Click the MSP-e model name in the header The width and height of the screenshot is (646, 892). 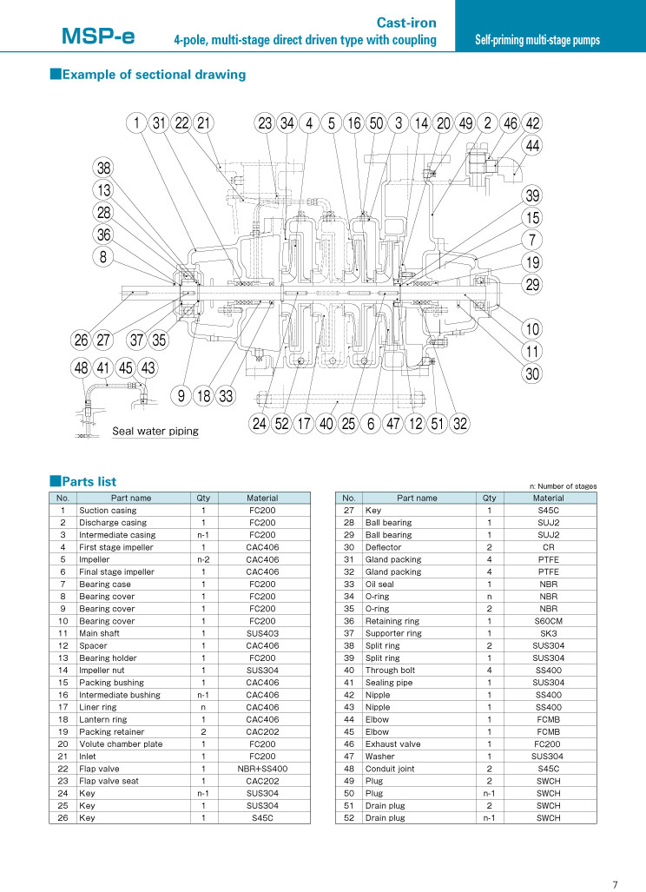tap(98, 36)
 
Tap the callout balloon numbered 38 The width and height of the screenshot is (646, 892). tap(103, 168)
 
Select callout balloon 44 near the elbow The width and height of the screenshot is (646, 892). tap(532, 146)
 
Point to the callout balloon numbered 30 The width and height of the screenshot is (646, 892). tap(532, 373)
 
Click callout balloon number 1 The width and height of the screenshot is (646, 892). tap(136, 122)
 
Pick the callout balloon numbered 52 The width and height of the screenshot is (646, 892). tap(282, 423)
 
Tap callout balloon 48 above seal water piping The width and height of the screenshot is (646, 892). tap(82, 368)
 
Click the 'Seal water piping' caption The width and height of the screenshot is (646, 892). tap(155, 431)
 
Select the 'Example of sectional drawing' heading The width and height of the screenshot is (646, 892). tap(148, 75)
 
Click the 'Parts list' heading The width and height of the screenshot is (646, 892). tap(83, 481)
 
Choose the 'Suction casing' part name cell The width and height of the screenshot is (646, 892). tap(108, 511)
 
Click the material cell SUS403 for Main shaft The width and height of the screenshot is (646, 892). tap(263, 633)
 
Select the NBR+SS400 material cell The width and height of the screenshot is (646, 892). tap(263, 769)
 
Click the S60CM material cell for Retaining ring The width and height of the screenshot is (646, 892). tap(549, 621)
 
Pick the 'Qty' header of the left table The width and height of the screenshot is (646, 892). tap(203, 498)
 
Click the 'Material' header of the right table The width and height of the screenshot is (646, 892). tap(549, 498)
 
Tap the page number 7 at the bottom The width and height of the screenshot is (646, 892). tap(615, 884)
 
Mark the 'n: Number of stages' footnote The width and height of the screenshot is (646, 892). tap(563, 486)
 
